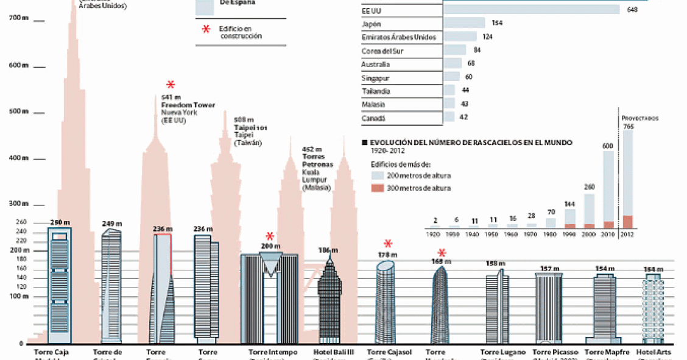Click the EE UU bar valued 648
532,10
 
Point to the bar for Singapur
452,77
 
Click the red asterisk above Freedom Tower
171,85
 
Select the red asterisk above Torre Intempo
270,236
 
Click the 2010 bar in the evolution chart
608,189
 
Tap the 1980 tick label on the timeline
550,235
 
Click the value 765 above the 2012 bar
628,125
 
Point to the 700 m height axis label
18,18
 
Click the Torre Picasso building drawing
549,308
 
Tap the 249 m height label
112,224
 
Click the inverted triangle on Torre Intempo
269,265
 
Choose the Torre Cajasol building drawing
386,302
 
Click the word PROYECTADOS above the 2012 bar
639,118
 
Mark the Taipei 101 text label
250,127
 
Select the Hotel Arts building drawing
654,308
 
